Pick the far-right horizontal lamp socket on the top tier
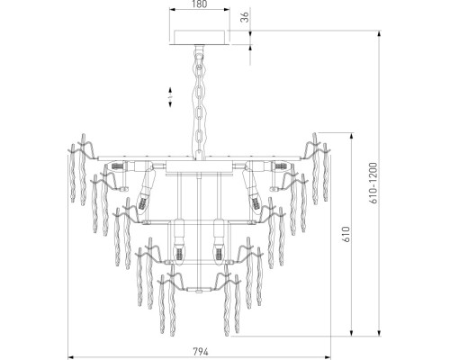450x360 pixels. [279, 167]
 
